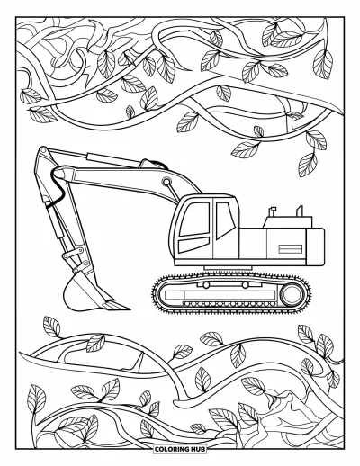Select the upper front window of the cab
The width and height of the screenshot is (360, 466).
194,219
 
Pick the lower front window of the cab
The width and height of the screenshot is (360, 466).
193,245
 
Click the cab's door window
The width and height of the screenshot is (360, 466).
225,220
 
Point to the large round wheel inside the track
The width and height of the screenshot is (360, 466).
292,294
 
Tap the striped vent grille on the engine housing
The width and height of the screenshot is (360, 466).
290,249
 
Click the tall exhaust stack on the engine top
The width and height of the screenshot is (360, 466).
300,211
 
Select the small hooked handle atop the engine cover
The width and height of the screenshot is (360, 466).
273,211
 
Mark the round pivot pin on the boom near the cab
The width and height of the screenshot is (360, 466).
166,181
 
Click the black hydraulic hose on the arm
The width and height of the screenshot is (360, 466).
56,189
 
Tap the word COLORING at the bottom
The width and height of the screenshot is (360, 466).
172,449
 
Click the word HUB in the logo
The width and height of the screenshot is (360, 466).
198,449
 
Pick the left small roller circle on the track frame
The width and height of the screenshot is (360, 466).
206,285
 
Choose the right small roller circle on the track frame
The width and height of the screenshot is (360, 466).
246,285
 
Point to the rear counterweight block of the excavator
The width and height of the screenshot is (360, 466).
315,246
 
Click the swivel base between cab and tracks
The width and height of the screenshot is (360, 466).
228,268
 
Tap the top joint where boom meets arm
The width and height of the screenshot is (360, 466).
43,150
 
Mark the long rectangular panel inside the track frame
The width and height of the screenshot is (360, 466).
220,295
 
